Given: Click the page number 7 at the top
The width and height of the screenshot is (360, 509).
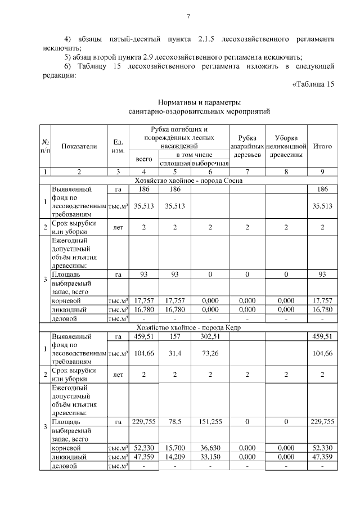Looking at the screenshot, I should (188, 15).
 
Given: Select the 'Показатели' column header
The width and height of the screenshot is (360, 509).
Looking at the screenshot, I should (79, 146).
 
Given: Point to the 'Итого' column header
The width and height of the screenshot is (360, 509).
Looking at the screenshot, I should (322, 146).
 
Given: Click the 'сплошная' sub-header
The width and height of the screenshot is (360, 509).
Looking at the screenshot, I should (175, 163).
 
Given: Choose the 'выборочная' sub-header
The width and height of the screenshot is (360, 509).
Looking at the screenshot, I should (210, 163).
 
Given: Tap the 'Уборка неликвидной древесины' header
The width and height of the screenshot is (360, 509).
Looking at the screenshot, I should (286, 146).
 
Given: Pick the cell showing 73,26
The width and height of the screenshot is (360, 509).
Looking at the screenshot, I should (210, 353).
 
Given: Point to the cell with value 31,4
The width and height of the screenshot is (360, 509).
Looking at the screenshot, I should (175, 353).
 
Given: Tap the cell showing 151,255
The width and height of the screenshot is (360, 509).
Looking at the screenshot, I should (210, 421).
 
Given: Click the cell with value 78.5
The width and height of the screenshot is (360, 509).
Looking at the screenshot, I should (175, 421).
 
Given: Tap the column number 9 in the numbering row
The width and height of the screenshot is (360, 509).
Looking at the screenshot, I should (322, 172).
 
